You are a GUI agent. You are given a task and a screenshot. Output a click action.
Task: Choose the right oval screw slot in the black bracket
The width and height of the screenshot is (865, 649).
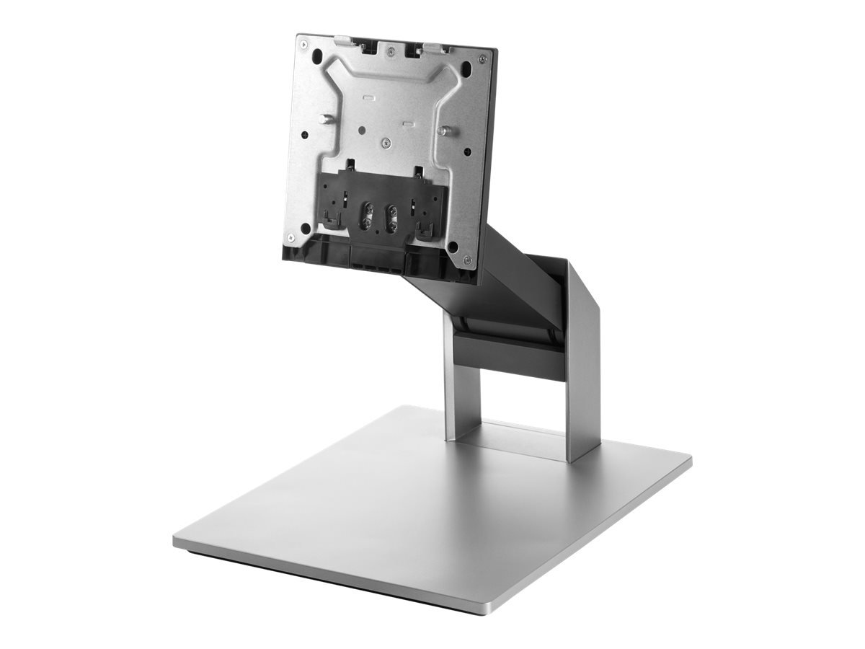(393, 218)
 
